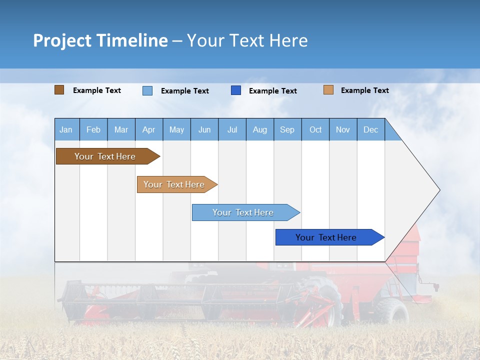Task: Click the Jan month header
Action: pos(66,129)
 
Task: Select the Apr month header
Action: pos(149,129)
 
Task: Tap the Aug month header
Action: pos(260,129)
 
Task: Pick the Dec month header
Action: pos(371,129)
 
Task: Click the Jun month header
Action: pos(204,129)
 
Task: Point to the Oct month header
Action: pos(315,129)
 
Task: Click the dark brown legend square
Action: pos(59,90)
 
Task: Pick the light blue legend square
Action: pos(147,90)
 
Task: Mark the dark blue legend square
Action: pos(236,90)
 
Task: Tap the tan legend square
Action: pos(328,90)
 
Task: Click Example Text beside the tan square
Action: pos(364,90)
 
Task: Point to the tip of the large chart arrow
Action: pos(439,190)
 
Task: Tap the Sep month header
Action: pos(287,129)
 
